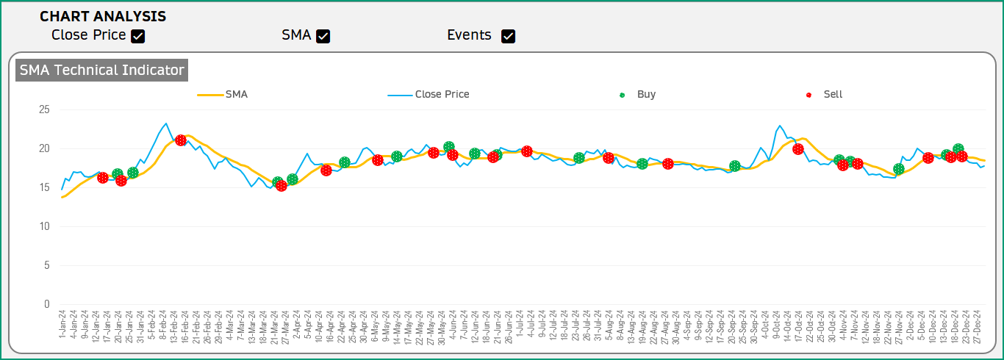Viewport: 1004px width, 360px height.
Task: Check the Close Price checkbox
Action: click(x=137, y=36)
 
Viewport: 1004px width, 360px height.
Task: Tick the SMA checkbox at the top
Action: click(x=323, y=36)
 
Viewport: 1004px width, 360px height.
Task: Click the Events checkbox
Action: click(x=508, y=36)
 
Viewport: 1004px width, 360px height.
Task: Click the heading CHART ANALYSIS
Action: click(x=103, y=16)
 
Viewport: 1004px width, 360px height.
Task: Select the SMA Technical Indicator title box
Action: click(x=101, y=71)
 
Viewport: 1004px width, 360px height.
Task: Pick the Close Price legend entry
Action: click(x=429, y=94)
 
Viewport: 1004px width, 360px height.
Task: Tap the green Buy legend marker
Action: click(x=623, y=95)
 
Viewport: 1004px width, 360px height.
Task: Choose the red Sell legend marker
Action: click(x=809, y=95)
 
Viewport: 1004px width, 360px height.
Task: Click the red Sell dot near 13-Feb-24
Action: click(x=181, y=140)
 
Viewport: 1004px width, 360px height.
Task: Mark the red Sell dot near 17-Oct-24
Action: click(x=798, y=149)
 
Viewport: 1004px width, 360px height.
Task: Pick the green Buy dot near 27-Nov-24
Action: click(x=898, y=169)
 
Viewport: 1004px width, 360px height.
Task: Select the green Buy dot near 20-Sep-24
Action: click(x=735, y=167)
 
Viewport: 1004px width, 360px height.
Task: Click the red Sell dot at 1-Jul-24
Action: click(x=527, y=151)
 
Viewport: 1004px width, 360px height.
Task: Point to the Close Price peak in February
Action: click(x=166, y=123)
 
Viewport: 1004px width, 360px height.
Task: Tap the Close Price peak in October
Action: click(x=780, y=126)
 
